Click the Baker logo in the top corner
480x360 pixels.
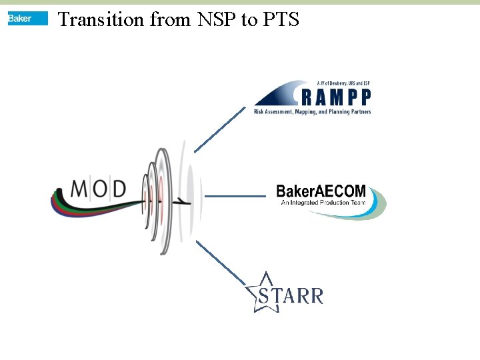[27, 19]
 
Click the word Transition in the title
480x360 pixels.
[101, 19]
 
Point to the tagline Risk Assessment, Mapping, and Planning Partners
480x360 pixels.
[312, 112]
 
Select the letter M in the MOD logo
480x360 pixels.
[79, 189]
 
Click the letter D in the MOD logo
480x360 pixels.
[118, 189]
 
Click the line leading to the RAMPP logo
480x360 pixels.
[219, 129]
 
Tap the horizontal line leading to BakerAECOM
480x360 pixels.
[235, 196]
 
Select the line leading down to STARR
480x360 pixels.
[221, 263]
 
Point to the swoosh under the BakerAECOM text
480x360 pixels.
[353, 212]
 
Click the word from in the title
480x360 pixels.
[169, 19]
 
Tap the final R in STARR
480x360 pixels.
[315, 296]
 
